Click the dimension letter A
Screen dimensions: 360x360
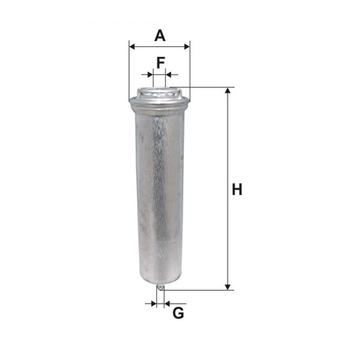point(160,36)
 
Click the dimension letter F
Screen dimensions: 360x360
point(161,63)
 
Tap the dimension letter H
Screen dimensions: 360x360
point(237,189)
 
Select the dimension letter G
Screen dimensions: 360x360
point(178,313)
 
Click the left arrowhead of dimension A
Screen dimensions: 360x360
point(132,47)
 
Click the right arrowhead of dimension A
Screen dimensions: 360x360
point(187,47)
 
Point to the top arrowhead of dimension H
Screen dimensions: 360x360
point(228,90)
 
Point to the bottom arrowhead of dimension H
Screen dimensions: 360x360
point(228,287)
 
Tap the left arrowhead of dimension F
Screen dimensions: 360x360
point(150,75)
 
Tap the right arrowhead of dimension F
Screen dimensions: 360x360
point(168,75)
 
